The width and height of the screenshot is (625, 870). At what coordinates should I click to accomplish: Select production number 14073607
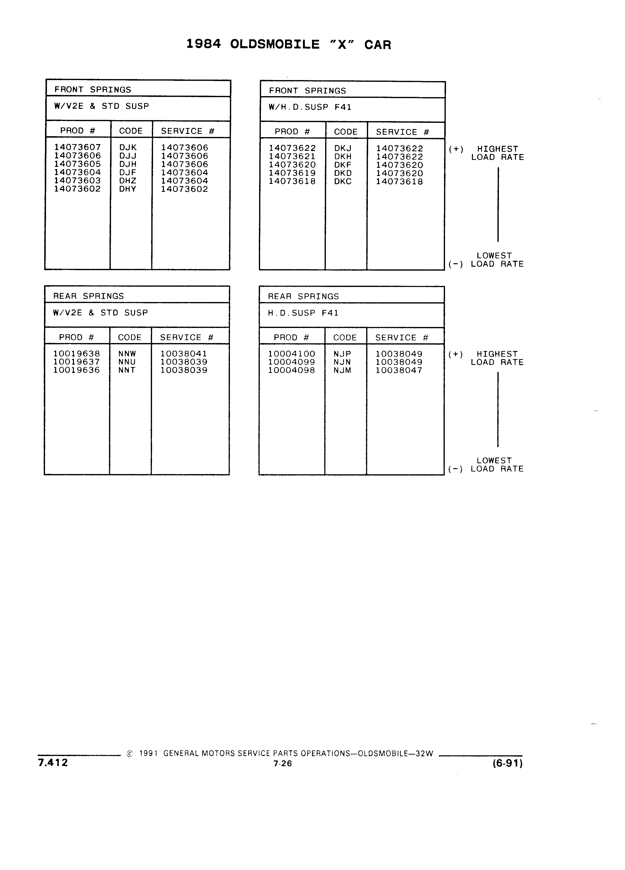[x=77, y=147]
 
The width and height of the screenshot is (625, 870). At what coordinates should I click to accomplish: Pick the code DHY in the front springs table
[x=128, y=189]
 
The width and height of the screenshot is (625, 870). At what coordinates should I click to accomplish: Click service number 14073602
[x=184, y=189]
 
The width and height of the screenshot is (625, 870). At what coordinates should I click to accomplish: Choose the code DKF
[x=343, y=165]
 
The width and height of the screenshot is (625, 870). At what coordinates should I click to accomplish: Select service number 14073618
[x=399, y=182]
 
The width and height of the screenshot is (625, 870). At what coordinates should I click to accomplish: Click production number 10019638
[x=77, y=354]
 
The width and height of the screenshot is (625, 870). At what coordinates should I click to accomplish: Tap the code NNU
[x=127, y=362]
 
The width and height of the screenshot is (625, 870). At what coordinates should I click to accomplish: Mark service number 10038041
[x=184, y=354]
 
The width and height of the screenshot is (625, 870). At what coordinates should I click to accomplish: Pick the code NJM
[x=342, y=370]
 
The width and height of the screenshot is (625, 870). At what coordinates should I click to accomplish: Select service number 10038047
[x=399, y=370]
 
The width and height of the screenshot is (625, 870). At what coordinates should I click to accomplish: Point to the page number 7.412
[x=53, y=762]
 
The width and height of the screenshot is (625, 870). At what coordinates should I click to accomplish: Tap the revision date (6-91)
[x=508, y=763]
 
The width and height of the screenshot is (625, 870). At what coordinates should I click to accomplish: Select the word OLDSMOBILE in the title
[x=275, y=44]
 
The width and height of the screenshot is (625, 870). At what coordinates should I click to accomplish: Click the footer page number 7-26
[x=283, y=764]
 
